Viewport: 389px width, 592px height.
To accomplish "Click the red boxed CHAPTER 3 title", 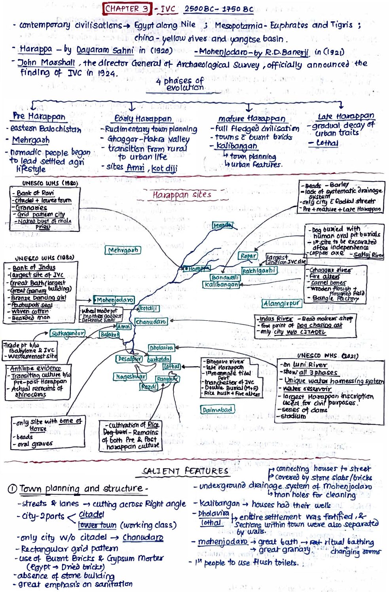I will click(127, 8).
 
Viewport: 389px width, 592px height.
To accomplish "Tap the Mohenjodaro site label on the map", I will click(114, 300).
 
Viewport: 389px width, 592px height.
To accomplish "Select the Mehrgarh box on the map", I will click(123, 250).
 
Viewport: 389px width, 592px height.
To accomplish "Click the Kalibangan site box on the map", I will click(222, 284).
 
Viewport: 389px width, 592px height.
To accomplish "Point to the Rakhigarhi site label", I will click(259, 270).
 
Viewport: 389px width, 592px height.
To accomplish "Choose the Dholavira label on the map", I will click(161, 348).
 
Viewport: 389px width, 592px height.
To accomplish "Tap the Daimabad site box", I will click(217, 410).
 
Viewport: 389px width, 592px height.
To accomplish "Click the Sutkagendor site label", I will click(68, 333).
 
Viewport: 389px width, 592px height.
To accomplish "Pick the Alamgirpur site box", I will click(281, 303).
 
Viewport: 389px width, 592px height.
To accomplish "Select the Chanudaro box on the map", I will click(151, 322).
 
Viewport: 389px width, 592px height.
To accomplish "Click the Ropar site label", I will click(248, 256).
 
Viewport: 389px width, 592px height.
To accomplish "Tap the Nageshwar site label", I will click(130, 377).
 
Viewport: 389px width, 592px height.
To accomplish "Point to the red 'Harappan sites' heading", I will click(182, 195).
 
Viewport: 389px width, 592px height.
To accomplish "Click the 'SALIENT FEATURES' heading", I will click(185, 471).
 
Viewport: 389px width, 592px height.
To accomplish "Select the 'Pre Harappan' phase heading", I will click(39, 116).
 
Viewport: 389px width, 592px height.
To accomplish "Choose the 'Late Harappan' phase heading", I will click(345, 116).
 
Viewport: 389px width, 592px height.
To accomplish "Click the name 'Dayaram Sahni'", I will click(105, 51).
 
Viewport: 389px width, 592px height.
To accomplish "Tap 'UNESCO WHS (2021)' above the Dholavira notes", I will click(328, 356).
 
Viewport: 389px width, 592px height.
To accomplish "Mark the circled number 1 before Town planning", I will click(12, 489).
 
